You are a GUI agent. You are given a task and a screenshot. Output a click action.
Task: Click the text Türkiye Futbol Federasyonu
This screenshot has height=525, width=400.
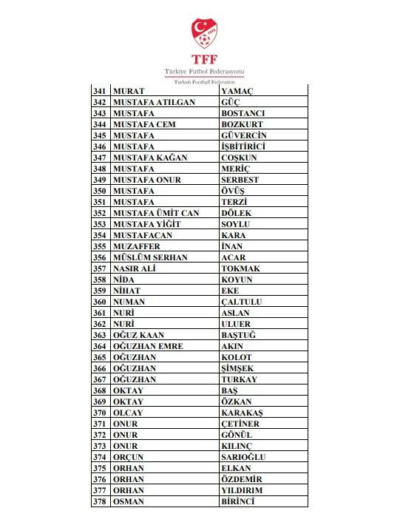pos(200,70)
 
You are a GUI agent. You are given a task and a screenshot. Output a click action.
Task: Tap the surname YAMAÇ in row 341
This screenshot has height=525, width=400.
pos(238,91)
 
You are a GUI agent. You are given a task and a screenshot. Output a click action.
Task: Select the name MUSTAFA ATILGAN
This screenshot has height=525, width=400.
pos(154,102)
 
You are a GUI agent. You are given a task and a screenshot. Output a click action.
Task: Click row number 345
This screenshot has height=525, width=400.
pos(100,135)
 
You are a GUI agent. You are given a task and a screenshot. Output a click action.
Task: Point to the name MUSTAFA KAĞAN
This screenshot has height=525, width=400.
pos(150,157)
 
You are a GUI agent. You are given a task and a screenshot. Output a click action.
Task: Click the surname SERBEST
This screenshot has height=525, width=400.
pos(241,180)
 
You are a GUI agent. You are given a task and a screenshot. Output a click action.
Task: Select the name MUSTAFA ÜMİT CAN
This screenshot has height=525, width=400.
pos(157,213)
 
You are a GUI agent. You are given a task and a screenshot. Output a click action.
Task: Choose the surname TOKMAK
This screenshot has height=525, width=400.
pos(240,268)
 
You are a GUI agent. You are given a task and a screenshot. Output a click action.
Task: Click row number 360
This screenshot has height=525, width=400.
pos(100,302)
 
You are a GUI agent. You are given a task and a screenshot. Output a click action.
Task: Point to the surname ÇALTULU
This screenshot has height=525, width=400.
pos(243,302)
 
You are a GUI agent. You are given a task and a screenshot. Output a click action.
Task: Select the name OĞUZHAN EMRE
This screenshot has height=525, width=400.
pos(149,346)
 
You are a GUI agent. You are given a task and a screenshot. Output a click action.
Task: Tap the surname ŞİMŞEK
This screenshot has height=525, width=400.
pos(237,368)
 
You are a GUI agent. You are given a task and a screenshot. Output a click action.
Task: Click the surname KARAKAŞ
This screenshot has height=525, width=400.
pos(242,413)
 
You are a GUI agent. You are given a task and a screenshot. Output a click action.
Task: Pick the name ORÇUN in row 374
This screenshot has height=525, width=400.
pos(129,457)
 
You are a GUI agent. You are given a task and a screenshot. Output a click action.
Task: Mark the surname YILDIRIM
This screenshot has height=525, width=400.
pos(242,490)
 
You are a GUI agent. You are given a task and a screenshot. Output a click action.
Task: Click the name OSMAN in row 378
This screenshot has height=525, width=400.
pos(128,501)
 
